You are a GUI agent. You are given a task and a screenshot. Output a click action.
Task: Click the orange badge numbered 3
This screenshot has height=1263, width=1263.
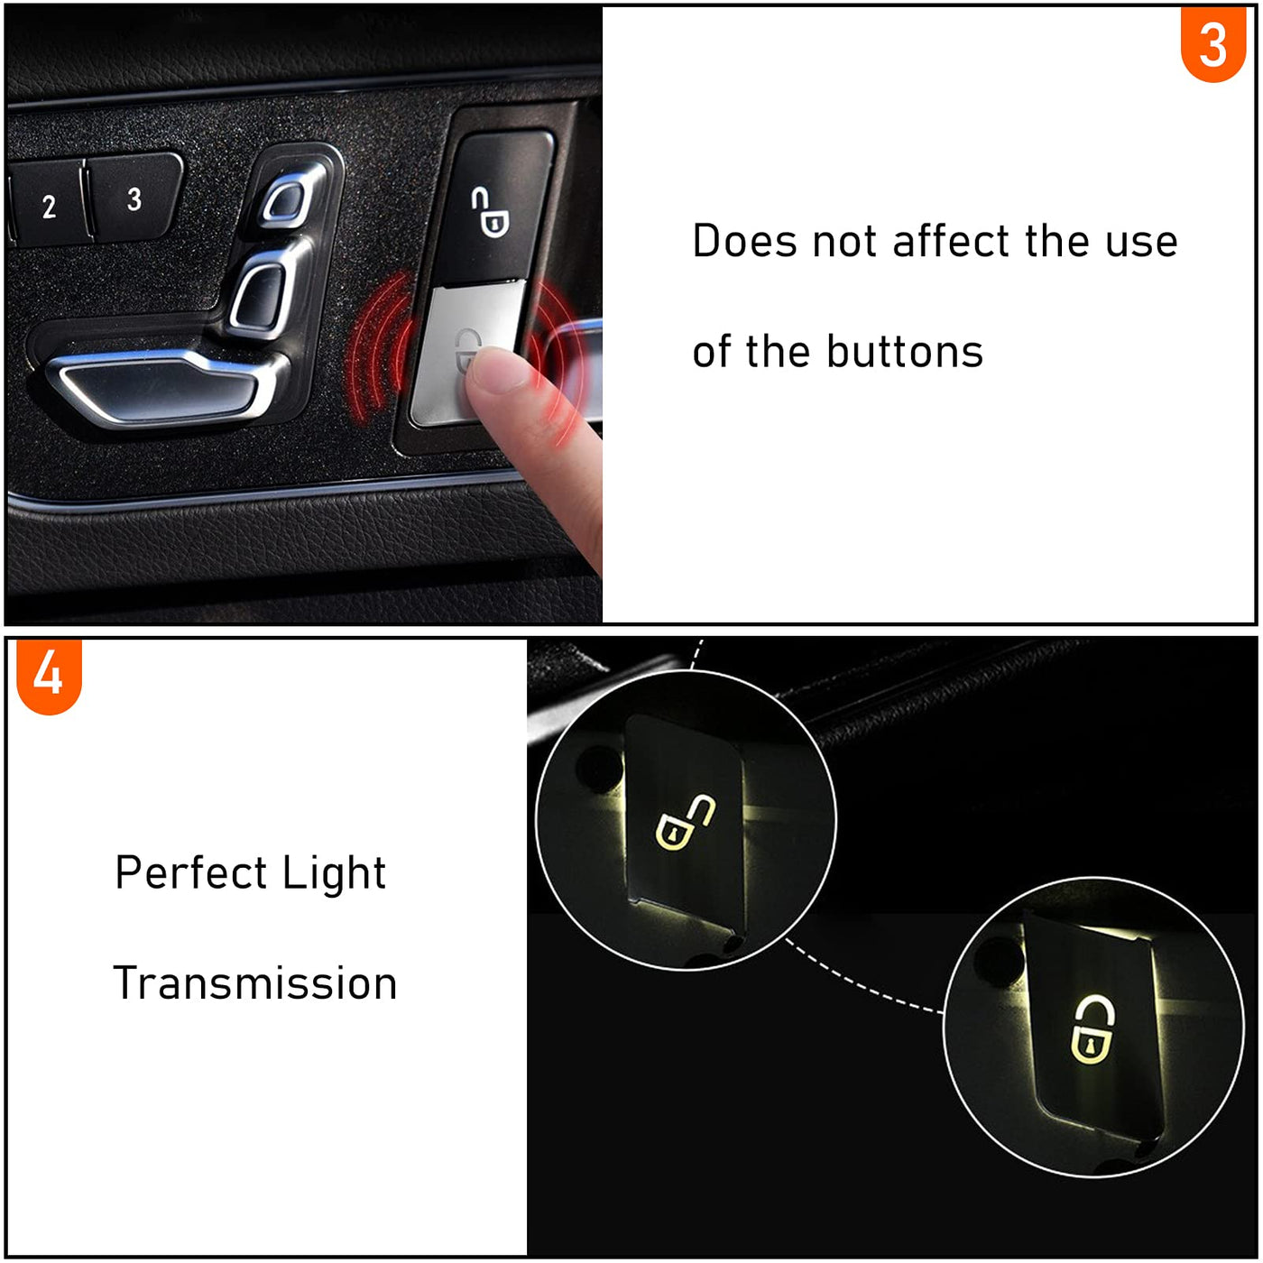(x=1212, y=42)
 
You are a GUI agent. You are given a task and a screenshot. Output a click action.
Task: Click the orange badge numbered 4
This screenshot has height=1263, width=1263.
(x=49, y=675)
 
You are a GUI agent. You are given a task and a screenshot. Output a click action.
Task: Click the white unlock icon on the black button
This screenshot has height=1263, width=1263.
(x=489, y=211)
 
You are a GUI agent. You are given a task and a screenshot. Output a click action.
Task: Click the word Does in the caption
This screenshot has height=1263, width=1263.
(x=745, y=241)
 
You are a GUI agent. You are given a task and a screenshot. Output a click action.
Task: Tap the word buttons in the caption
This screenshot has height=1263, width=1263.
(x=905, y=351)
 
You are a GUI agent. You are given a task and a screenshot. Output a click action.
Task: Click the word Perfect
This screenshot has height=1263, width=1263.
(x=190, y=872)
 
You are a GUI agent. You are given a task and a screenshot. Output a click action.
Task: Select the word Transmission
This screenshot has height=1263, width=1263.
(x=255, y=983)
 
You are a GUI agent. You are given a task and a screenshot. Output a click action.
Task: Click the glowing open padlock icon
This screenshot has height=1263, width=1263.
(x=684, y=823)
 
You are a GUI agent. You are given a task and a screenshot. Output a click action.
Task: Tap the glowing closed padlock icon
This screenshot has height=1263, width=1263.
(x=1093, y=1029)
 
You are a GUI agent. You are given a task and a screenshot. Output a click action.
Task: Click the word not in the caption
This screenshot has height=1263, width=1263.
(x=844, y=242)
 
